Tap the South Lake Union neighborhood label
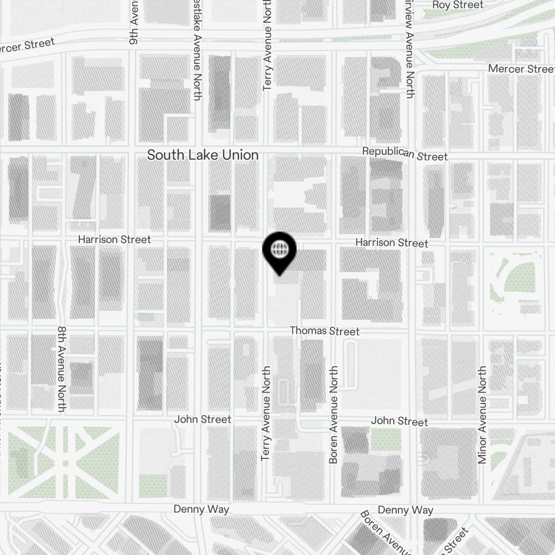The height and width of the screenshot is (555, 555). pyautogui.click(x=203, y=155)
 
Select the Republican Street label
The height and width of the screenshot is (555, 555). pyautogui.click(x=405, y=154)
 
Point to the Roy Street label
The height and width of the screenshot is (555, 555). pyautogui.click(x=457, y=5)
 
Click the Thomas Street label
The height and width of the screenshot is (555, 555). pyautogui.click(x=325, y=331)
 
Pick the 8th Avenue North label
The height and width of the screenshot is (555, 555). pyautogui.click(x=62, y=369)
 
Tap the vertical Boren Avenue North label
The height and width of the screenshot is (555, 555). pyautogui.click(x=334, y=414)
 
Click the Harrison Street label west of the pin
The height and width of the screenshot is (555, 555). pyautogui.click(x=114, y=240)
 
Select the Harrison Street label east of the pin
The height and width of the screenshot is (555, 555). pyautogui.click(x=392, y=243)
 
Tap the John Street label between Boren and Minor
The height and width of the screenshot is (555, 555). pyautogui.click(x=399, y=421)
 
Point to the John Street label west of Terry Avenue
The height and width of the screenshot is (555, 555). pyautogui.click(x=203, y=420)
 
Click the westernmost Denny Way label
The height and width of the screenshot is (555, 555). pyautogui.click(x=201, y=509)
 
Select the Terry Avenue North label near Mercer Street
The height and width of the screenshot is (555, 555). pyautogui.click(x=268, y=44)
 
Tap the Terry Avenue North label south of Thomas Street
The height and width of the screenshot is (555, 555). pyautogui.click(x=265, y=413)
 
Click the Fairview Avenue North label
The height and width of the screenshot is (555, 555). pyautogui.click(x=410, y=50)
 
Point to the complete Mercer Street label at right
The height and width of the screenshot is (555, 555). pyautogui.click(x=521, y=69)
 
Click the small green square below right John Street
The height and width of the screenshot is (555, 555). pyautogui.click(x=386, y=440)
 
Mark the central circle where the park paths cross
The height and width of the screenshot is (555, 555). pyautogui.click(x=65, y=463)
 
